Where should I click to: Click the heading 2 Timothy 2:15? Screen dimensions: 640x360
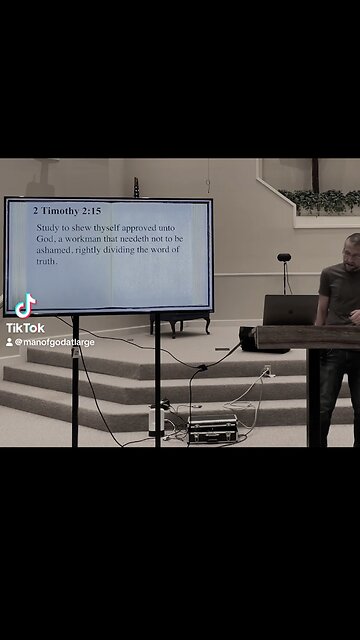(67, 212)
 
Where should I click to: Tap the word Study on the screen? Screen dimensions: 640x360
(47, 228)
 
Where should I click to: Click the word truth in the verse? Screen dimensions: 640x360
(47, 261)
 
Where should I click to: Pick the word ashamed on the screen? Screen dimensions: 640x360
(54, 250)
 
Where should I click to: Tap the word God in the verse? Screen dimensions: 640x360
(46, 239)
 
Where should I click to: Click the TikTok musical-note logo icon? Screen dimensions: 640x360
(25, 305)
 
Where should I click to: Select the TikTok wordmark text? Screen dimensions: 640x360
(25, 327)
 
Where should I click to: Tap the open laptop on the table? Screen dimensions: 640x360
(290, 310)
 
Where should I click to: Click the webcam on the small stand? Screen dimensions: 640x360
(284, 258)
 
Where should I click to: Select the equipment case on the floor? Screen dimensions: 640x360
(212, 429)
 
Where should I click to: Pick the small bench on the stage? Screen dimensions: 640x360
(180, 321)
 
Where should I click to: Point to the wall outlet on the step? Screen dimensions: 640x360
(267, 372)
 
